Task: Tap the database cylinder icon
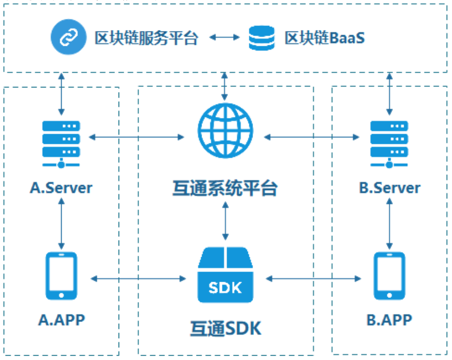(x=261, y=38)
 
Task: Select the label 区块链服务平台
(x=146, y=38)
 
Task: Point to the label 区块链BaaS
(x=324, y=38)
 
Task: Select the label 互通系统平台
(x=224, y=188)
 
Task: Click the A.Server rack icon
(x=61, y=143)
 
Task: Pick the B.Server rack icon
(x=389, y=143)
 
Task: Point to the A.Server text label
(x=61, y=188)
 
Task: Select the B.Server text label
(x=389, y=188)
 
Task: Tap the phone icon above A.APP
(x=61, y=276)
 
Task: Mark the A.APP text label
(x=61, y=320)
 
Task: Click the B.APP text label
(x=389, y=320)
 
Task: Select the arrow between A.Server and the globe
(x=136, y=136)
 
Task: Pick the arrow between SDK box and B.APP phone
(x=313, y=278)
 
